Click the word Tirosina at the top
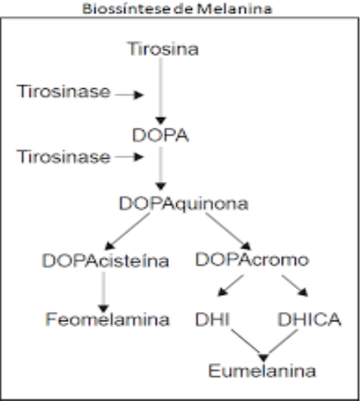click(163, 49)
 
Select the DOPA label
click(161, 135)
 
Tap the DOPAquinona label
click(184, 204)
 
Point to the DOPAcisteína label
click(105, 260)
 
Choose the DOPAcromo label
click(252, 259)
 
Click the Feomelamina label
click(108, 319)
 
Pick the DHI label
click(212, 319)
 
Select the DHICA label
click(310, 319)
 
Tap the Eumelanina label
click(262, 371)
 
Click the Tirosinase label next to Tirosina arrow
click(63, 91)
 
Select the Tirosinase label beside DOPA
click(63, 156)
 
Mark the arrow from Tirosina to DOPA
click(161, 91)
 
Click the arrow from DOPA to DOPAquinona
click(161, 169)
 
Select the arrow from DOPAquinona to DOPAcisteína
click(128, 231)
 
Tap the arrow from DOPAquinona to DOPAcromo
click(228, 231)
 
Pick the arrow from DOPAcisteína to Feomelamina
click(104, 292)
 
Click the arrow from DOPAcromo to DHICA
click(295, 286)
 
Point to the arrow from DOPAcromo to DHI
click(231, 286)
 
